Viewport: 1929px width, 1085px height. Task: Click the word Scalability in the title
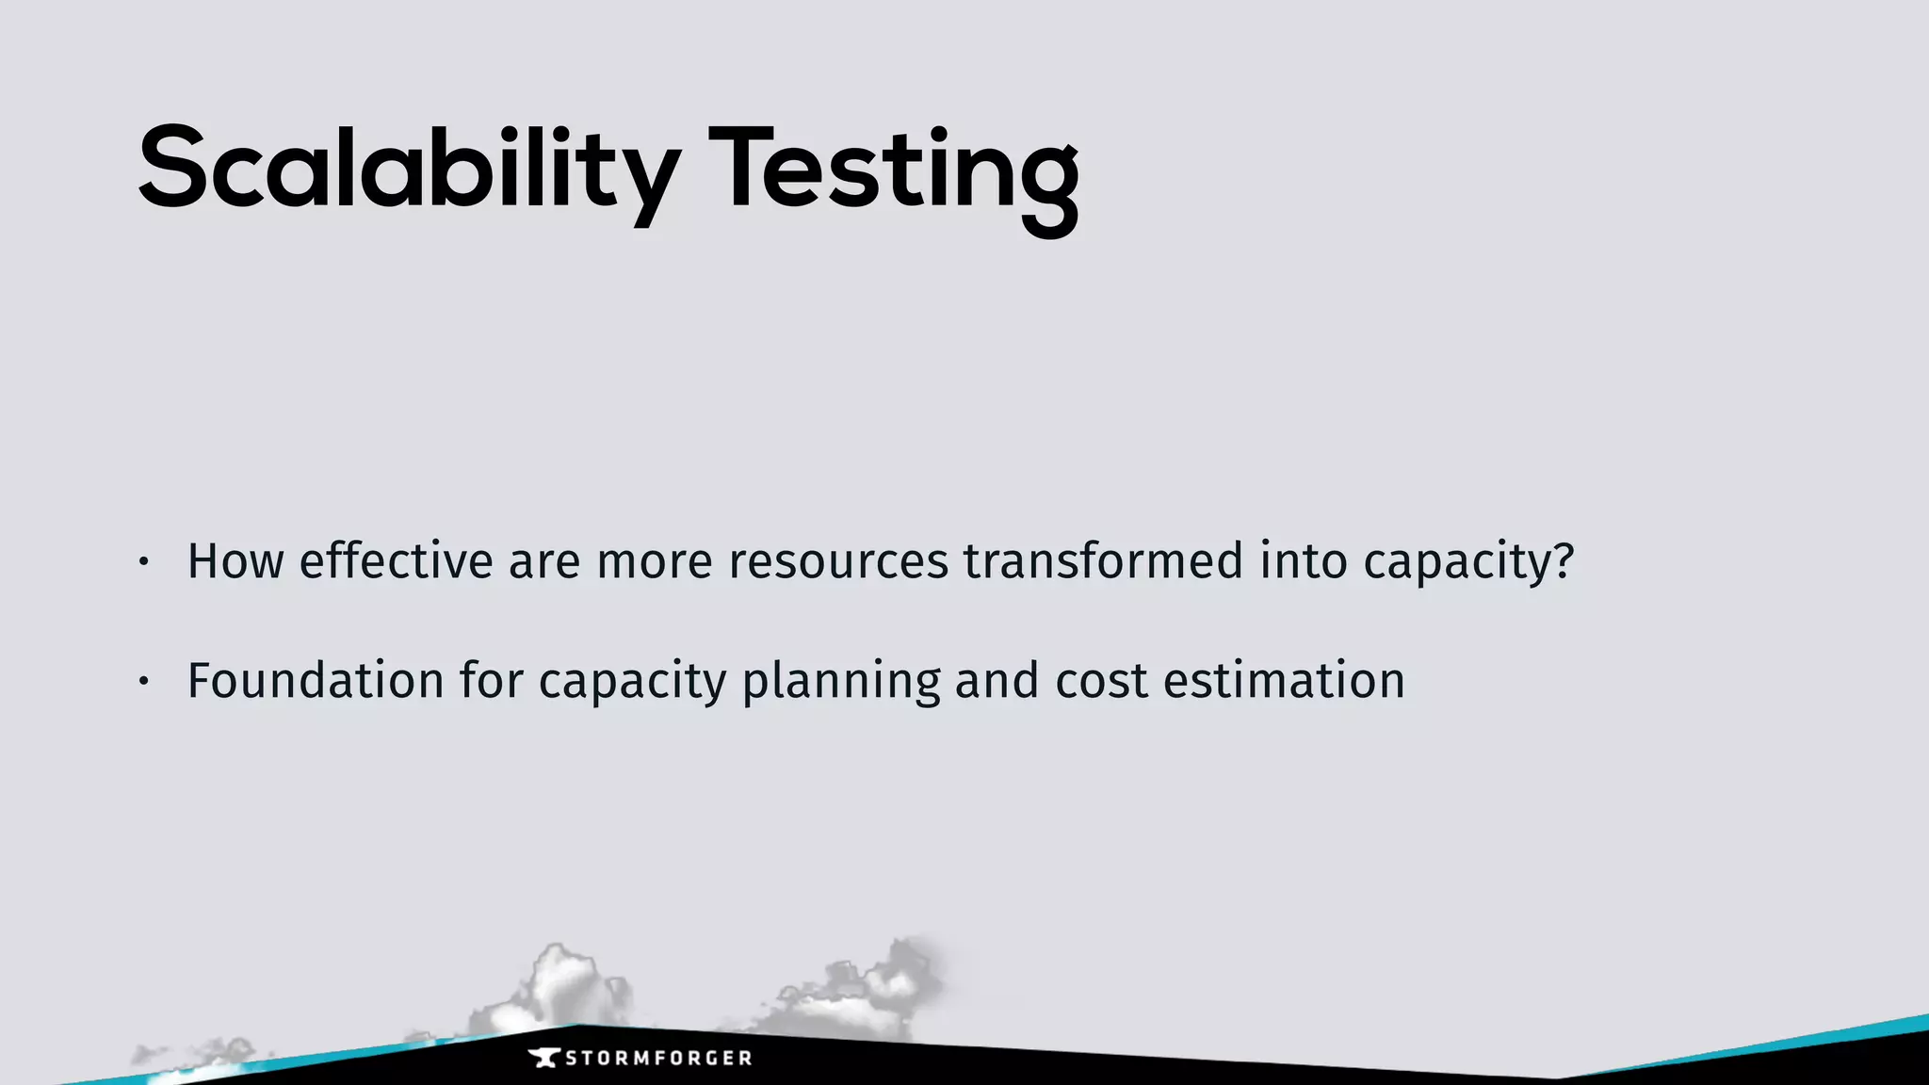(x=407, y=170)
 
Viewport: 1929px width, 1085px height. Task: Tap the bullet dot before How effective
(x=143, y=562)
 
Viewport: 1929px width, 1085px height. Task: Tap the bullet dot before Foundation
(x=143, y=681)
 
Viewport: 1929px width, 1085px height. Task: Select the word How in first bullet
(x=235, y=561)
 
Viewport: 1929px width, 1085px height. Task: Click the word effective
(x=396, y=561)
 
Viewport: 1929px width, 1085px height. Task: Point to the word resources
(x=838, y=561)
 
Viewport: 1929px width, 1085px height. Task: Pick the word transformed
(x=1103, y=561)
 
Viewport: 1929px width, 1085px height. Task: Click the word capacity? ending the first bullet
(x=1468, y=563)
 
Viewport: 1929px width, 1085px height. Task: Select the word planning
(x=841, y=682)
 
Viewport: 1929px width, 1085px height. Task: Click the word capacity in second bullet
(x=632, y=682)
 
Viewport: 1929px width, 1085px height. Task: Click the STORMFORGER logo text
(x=658, y=1059)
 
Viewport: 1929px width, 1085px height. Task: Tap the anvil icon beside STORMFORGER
(x=544, y=1059)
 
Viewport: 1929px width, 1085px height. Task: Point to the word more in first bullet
(x=655, y=561)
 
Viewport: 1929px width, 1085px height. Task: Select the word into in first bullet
(x=1304, y=561)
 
